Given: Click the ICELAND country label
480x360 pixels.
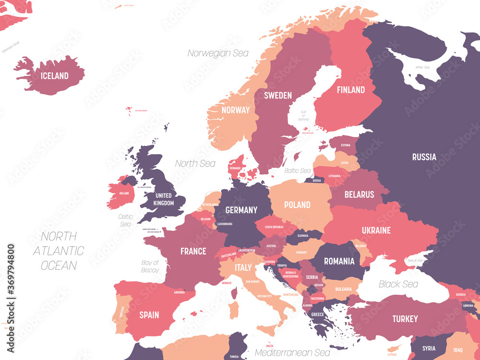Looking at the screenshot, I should tap(54, 76).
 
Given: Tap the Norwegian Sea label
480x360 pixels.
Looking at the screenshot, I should tap(218, 53).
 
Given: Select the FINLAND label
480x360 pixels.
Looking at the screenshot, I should tap(350, 90).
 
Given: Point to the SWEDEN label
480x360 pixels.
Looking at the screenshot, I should tap(277, 96).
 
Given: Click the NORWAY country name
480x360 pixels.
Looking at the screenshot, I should tap(235, 110).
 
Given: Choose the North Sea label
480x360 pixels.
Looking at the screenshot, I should tap(195, 163).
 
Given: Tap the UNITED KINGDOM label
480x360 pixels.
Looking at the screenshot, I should tap(163, 199).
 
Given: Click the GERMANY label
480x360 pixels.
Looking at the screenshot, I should tap(241, 210).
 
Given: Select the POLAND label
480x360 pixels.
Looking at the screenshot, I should tap(297, 205).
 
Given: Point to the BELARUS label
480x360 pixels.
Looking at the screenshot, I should tap(359, 194).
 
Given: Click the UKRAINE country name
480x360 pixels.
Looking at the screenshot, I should tap(376, 230).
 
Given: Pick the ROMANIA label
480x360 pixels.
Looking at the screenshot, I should tap(339, 262).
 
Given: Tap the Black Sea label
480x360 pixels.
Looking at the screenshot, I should tap(398, 284).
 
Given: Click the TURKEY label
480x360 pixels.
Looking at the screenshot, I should tap(405, 319).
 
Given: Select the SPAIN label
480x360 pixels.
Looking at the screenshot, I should tap(149, 315).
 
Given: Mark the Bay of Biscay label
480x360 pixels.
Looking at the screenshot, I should tap(150, 266).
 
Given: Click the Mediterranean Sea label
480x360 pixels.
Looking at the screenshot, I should tap(292, 353).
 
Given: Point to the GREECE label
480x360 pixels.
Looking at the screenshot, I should tap(317, 315).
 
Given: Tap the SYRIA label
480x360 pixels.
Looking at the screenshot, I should tap(429, 348).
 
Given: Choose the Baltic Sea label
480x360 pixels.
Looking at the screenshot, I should tap(298, 170).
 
